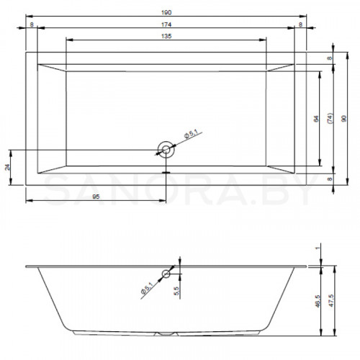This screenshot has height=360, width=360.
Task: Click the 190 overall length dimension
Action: [x=166, y=12]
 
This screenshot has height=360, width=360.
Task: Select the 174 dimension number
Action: [x=166, y=24]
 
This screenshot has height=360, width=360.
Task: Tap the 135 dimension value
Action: [x=166, y=36]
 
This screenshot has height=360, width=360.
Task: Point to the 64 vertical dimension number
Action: [x=316, y=119]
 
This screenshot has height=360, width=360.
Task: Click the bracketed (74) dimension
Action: [x=330, y=119]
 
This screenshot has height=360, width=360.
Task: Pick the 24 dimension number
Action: [x=8, y=167]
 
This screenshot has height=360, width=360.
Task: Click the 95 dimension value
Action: [x=96, y=197]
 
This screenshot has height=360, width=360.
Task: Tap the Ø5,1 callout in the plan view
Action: [x=191, y=134]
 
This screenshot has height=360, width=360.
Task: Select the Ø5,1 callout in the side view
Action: [x=147, y=288]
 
